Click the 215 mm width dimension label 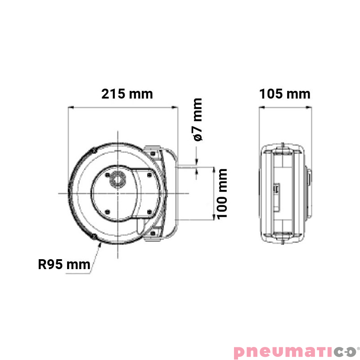coord(127,94)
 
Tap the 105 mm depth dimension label coord(285,94)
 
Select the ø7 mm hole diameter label coord(197,120)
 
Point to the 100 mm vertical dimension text coord(222,193)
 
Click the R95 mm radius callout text coord(64,265)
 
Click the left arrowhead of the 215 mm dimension coord(69,107)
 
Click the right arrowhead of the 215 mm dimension coord(176,107)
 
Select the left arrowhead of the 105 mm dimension coord(261,107)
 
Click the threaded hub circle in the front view coord(118,179)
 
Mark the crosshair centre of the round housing coord(118,193)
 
